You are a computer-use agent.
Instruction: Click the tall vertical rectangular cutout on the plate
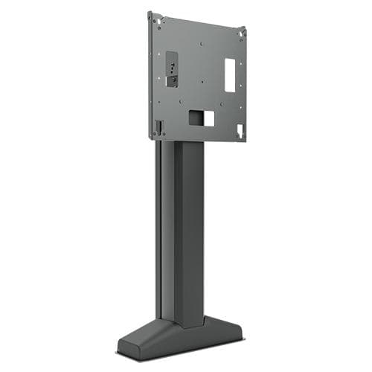(230, 75)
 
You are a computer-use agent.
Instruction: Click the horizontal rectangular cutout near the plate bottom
(201, 118)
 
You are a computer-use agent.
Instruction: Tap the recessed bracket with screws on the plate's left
(171, 69)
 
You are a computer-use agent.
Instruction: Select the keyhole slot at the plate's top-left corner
(153, 18)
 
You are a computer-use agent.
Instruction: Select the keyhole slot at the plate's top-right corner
(240, 33)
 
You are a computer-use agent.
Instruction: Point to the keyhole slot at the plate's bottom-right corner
(240, 130)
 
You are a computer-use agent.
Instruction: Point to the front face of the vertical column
(190, 231)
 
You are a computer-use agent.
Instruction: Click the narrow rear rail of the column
(159, 231)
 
